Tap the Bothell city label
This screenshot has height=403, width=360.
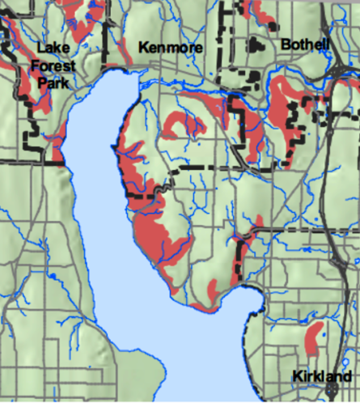[305, 45]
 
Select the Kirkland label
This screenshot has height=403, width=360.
[321, 378]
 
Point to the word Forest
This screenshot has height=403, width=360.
[53, 67]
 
